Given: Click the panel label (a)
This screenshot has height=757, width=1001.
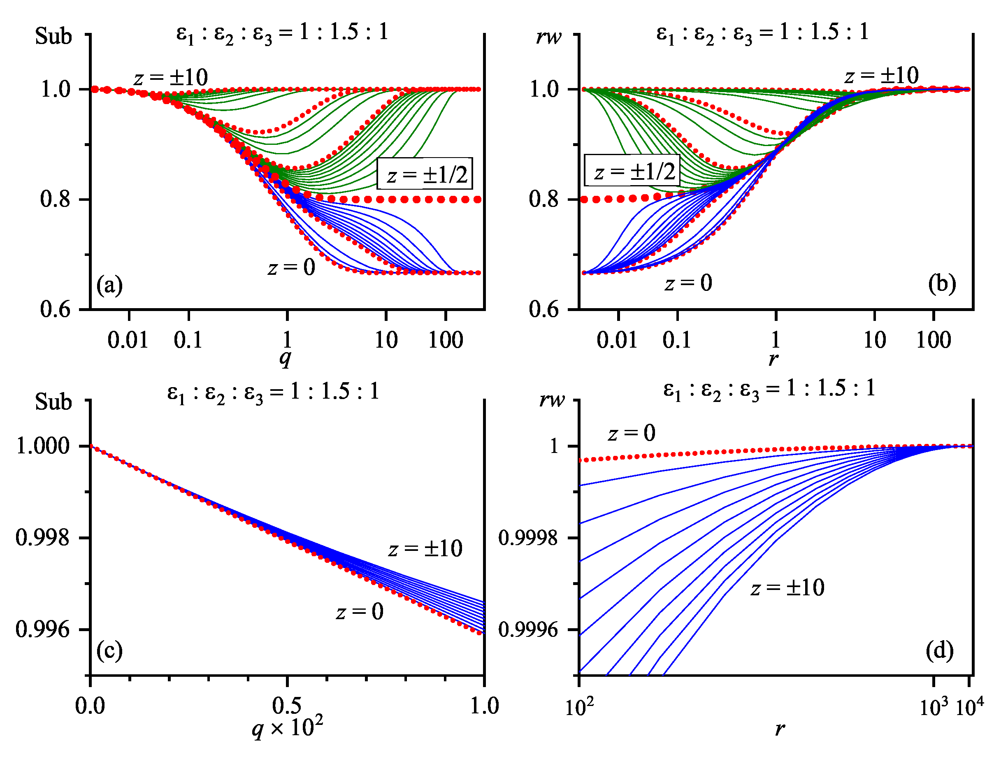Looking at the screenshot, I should pos(109,286).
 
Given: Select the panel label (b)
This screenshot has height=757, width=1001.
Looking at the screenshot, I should pos(942,284).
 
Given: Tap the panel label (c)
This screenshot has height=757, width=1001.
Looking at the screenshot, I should pos(109,651).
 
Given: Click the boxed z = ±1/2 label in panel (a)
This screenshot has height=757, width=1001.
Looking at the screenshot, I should pos(425,174).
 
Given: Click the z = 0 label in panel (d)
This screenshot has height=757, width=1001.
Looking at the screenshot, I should pos(631,433).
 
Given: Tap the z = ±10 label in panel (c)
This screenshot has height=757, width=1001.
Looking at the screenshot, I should pos(425,548).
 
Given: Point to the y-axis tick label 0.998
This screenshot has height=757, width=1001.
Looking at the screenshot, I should pos(42,538).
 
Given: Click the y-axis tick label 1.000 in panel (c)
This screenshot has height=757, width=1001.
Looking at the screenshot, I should pos(42,446).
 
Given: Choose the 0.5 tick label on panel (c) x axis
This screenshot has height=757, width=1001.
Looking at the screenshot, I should pos(286,705).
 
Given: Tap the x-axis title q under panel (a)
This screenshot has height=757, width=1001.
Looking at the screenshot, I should pos(285,358).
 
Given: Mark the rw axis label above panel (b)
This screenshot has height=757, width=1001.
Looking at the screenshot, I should pos(548,36).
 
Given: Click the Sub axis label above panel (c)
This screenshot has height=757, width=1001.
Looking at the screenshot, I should pos(53,402).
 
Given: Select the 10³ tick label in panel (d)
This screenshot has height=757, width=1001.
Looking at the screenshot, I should pos(934,707).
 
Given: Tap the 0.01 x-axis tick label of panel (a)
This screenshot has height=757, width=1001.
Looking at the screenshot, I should pos(128,340).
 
